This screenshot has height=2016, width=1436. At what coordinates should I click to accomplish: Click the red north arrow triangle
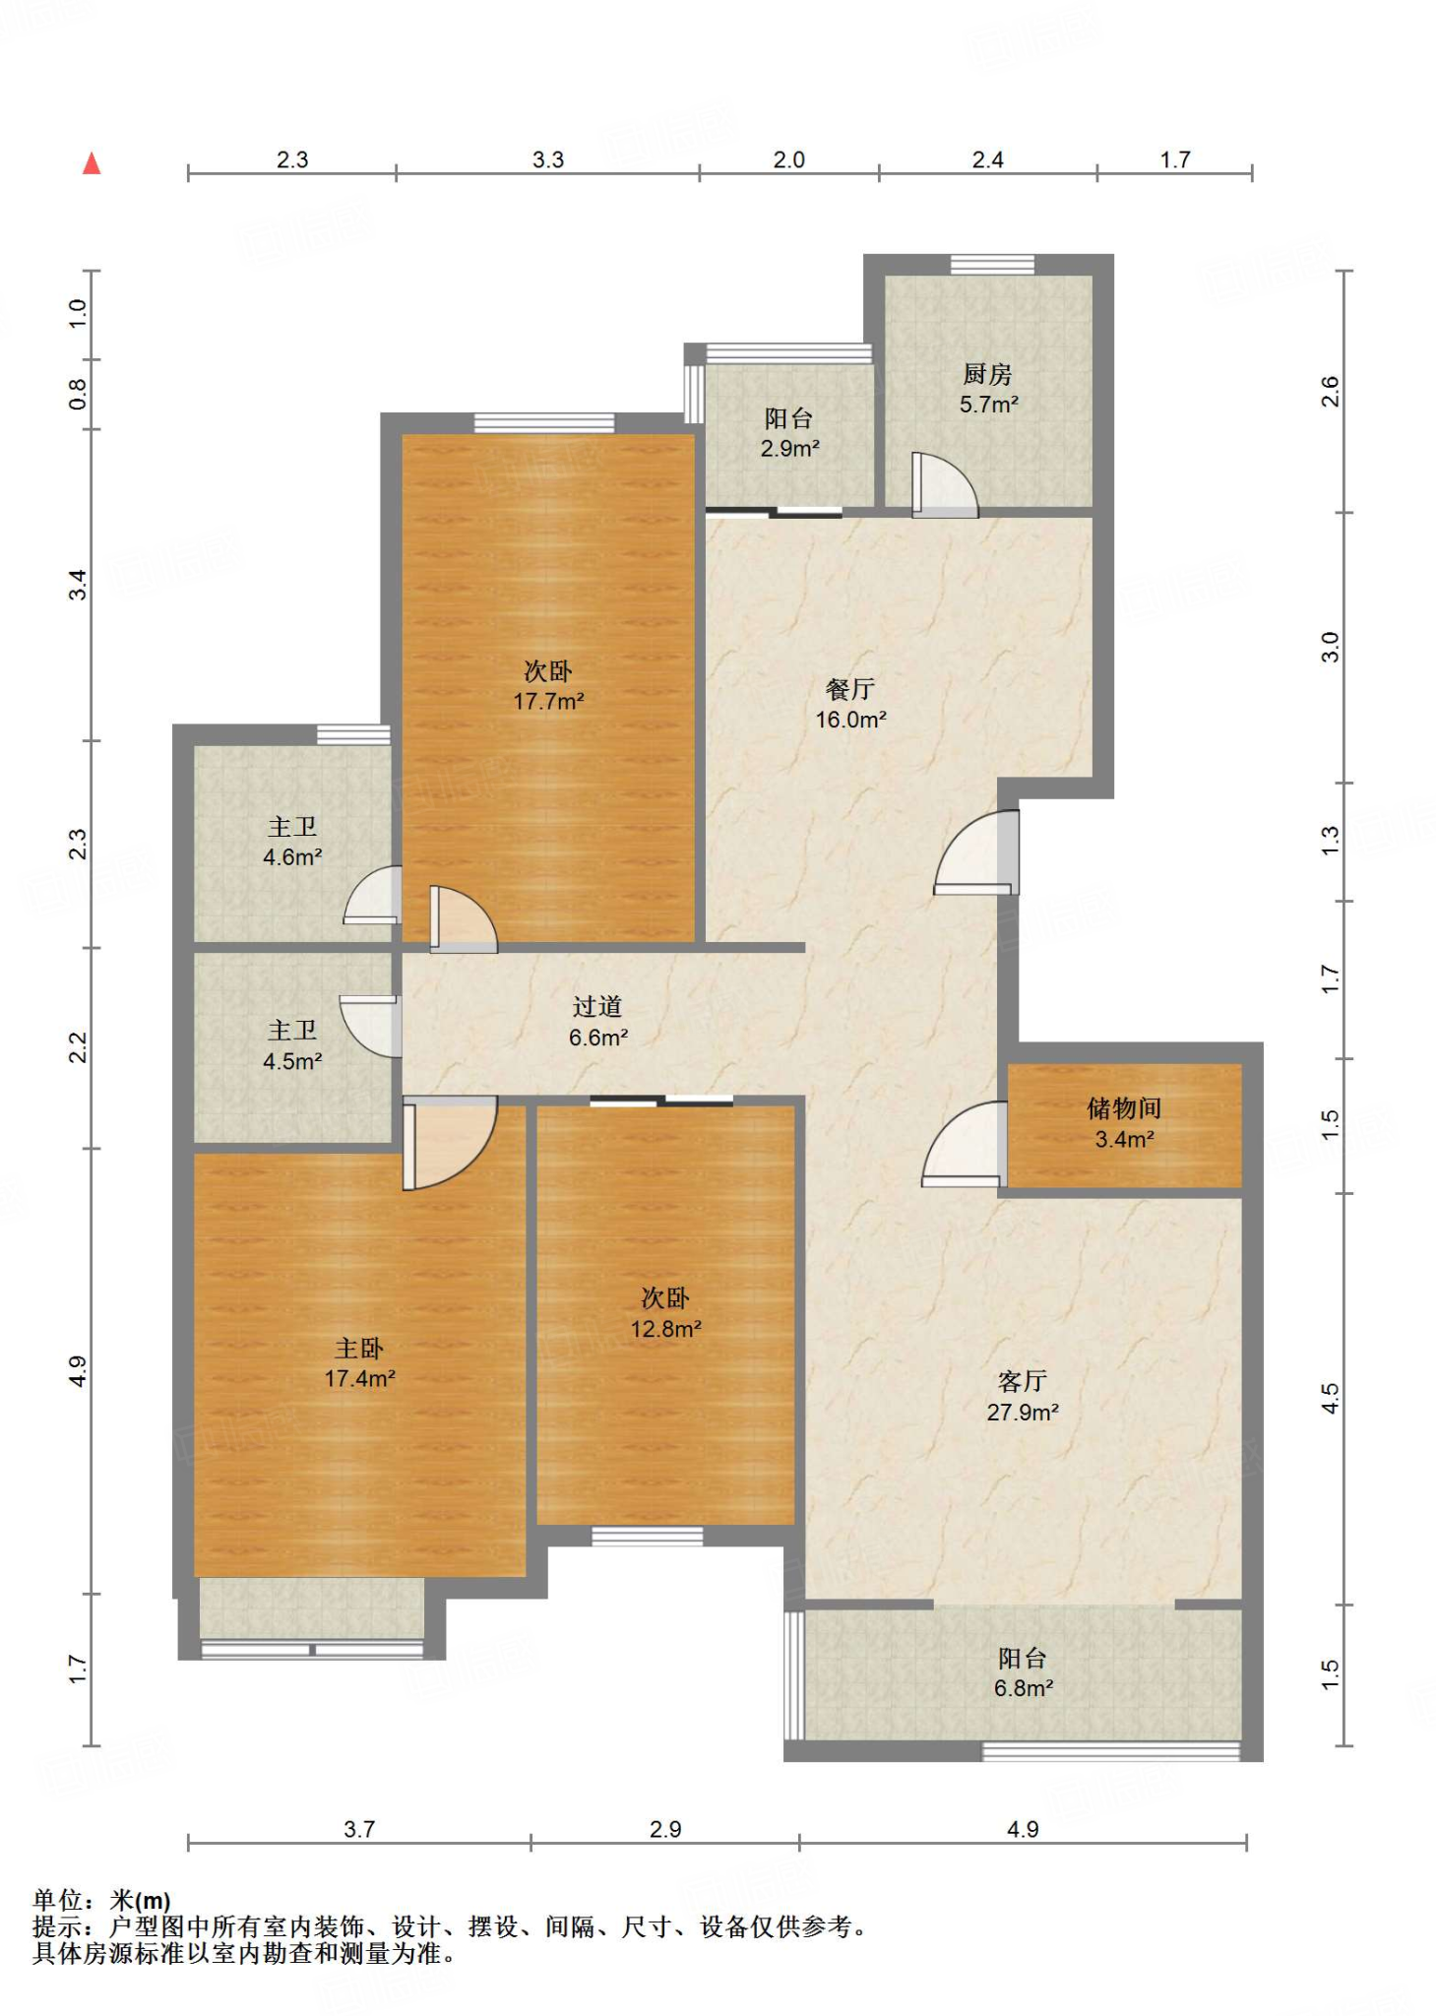[92, 163]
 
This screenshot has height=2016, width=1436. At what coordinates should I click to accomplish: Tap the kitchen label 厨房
[987, 374]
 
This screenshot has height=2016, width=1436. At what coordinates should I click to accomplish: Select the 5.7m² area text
[989, 405]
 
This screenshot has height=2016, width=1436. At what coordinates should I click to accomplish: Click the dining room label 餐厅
[850, 689]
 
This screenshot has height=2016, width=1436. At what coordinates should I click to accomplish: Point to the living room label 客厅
[1023, 1381]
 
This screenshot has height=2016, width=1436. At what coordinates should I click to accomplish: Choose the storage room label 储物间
[1124, 1108]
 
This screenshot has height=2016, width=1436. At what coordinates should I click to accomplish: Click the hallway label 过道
[597, 1006]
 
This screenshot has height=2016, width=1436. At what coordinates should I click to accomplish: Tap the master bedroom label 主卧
[359, 1348]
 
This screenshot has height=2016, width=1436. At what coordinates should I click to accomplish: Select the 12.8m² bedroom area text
[666, 1329]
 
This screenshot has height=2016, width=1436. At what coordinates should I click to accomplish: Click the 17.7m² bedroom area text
[548, 701]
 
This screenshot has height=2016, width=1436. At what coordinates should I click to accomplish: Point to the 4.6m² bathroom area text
[292, 857]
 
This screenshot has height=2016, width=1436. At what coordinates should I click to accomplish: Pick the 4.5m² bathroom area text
[292, 1061]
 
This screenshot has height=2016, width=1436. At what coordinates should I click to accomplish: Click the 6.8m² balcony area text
[1024, 1688]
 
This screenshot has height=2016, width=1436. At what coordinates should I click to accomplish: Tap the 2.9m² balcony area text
[789, 449]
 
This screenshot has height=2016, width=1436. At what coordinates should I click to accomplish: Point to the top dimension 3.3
[548, 159]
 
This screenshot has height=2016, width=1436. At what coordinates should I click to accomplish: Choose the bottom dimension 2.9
[665, 1829]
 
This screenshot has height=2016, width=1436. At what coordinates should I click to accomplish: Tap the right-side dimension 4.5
[1330, 1399]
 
